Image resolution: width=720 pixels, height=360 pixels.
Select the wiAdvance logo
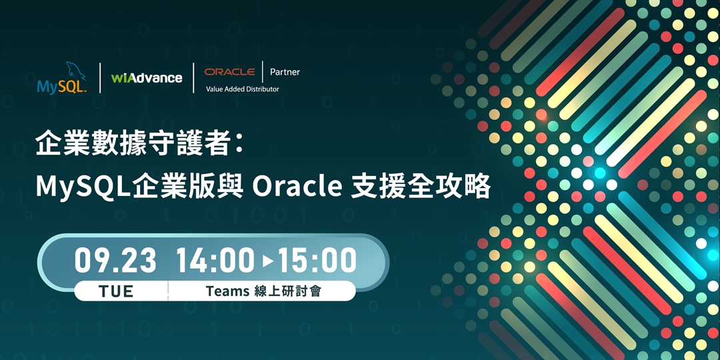(147, 78)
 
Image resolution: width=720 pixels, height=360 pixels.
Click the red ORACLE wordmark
(229, 72)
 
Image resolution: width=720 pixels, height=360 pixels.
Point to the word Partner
(285, 72)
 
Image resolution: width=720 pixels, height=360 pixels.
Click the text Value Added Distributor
(243, 89)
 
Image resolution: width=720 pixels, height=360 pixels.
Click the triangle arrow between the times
(268, 261)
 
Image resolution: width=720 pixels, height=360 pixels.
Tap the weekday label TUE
(116, 291)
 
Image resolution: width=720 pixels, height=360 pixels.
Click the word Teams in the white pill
(227, 291)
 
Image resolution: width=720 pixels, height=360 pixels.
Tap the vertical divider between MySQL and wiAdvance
(100, 78)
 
